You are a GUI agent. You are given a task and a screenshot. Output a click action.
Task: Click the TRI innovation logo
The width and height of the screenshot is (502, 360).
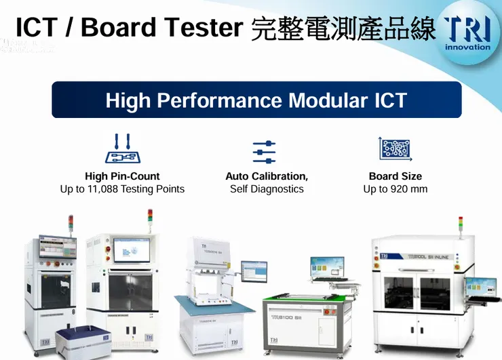pyautogui.click(x=467, y=33)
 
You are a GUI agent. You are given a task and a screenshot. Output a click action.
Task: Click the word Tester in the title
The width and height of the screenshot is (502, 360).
pyautogui.click(x=206, y=27)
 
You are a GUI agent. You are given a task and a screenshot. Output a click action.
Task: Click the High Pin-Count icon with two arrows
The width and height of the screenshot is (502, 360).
pyautogui.click(x=123, y=148)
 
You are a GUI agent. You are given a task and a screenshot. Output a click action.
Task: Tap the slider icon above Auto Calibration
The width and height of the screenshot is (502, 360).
pyautogui.click(x=264, y=152)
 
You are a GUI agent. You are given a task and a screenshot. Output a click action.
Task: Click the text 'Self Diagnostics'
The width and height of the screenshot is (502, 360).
pyautogui.click(x=267, y=189)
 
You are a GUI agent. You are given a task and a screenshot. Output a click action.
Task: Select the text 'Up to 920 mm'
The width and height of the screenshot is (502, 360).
pyautogui.click(x=395, y=189)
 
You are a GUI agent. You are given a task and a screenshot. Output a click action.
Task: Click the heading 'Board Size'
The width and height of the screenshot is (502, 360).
pyautogui.click(x=395, y=176)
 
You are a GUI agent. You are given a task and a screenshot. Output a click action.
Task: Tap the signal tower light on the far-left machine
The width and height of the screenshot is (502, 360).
pyautogui.click(x=71, y=224)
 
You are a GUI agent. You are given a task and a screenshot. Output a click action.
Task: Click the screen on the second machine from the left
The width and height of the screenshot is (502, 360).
pyautogui.click(x=130, y=253)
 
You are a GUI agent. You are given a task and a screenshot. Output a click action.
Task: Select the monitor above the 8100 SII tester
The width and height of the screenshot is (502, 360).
pyautogui.click(x=327, y=269)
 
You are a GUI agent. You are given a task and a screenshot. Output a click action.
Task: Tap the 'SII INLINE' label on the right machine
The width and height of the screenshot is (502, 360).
pyautogui.click(x=432, y=258)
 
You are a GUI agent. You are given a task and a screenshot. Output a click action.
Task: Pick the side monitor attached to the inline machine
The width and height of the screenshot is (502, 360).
pyautogui.click(x=486, y=287)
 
